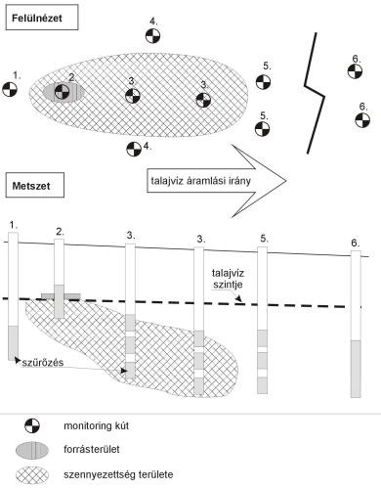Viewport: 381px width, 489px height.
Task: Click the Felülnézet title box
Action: point(42,18)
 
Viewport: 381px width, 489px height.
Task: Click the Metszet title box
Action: point(35,186)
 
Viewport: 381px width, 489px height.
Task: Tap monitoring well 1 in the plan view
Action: point(10,89)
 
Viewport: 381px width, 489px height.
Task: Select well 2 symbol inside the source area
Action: point(62,92)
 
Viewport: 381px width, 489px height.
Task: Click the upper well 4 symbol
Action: point(152,36)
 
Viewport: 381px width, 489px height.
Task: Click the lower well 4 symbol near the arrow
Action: point(134,149)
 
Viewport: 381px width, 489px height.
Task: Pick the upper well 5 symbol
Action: point(263,82)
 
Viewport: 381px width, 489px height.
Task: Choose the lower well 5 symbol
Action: point(262,129)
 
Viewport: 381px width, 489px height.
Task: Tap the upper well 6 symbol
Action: point(355,71)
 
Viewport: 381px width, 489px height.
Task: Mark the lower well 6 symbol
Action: point(362,120)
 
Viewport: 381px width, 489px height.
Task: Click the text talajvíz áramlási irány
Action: point(200,181)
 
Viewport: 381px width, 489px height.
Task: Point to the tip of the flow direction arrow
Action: point(286,181)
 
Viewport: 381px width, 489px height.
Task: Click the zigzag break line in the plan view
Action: point(315,93)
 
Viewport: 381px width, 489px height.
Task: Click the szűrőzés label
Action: point(43,362)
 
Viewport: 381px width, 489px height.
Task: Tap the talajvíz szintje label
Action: point(228,279)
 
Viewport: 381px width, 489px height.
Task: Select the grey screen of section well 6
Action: point(356,369)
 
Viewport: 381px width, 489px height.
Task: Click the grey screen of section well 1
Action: point(13,343)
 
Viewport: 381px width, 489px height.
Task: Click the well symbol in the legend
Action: point(32,425)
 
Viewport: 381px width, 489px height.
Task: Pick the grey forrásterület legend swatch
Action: point(32,450)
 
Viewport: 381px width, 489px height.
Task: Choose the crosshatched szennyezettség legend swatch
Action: point(32,475)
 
